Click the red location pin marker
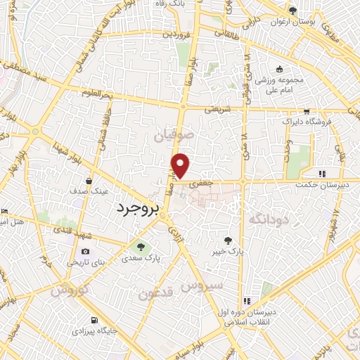tap(181, 166)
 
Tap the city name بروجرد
tap(139, 209)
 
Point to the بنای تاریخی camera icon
tap(86, 251)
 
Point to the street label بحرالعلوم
tap(96, 92)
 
